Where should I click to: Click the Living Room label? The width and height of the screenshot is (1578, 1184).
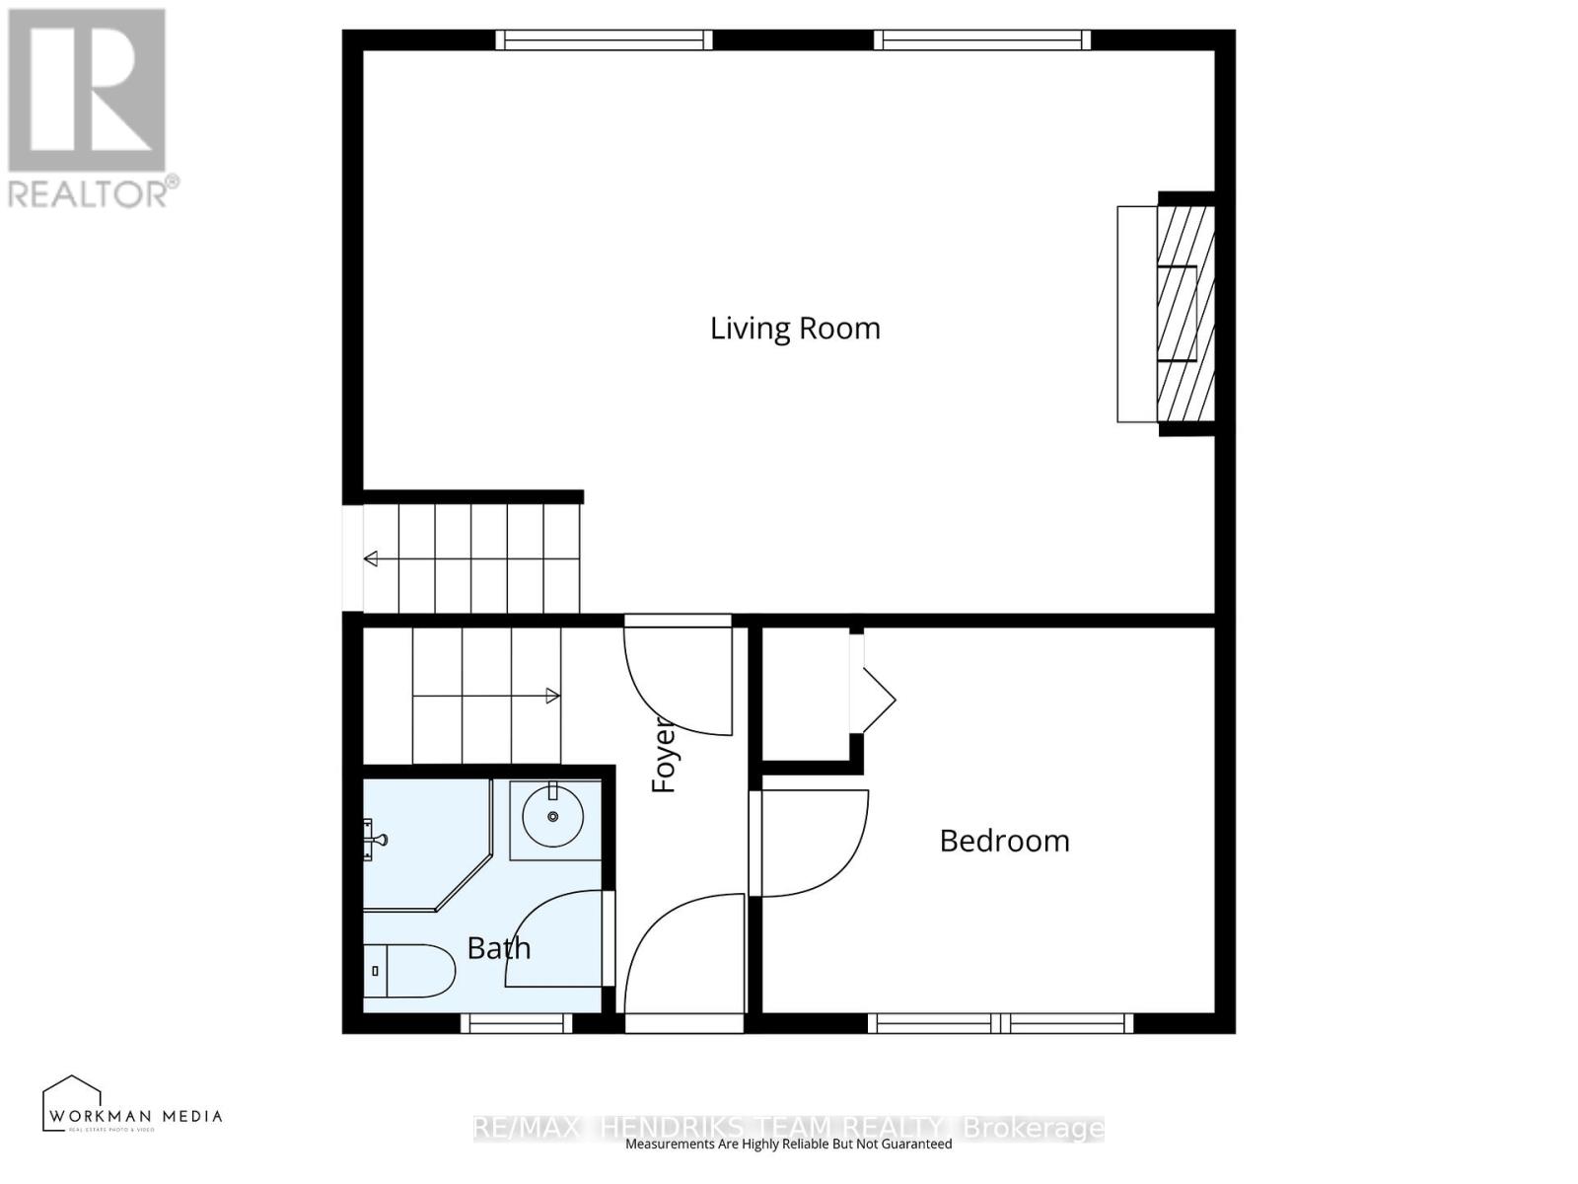coord(795,329)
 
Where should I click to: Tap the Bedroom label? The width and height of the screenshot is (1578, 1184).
coord(1004,841)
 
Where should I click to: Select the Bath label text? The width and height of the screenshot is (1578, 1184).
coord(499,948)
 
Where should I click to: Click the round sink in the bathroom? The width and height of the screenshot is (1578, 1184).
coord(552,816)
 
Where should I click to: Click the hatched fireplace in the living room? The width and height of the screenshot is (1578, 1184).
coord(1183,314)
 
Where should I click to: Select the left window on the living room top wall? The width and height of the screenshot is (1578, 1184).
coord(603,39)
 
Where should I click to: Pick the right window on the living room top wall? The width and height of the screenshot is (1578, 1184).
coord(982,39)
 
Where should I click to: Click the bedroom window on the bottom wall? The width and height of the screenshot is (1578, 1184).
coord(1000,1023)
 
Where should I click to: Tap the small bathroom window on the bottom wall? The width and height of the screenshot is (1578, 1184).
coord(516,1023)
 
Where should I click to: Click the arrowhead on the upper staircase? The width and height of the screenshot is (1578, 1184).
coord(371,559)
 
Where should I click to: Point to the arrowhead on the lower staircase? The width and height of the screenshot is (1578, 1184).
coord(553,697)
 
